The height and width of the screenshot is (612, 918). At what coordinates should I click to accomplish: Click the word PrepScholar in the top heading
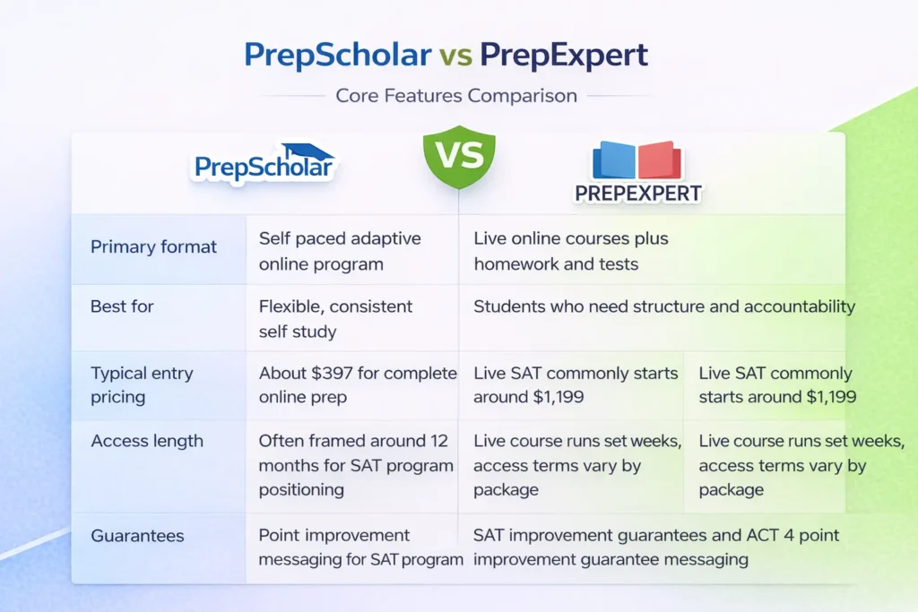point(338,55)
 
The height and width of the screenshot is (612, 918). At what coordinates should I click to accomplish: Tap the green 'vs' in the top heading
point(456,56)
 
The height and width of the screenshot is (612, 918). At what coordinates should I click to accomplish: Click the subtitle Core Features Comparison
point(456,95)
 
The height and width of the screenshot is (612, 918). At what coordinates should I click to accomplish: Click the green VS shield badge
point(459,157)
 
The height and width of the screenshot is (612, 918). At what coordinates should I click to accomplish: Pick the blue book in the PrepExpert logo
point(613,159)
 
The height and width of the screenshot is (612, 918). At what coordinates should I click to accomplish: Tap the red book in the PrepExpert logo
point(659,159)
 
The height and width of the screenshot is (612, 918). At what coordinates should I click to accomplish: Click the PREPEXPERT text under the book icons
point(638,194)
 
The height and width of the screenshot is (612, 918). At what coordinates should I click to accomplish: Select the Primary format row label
point(153,247)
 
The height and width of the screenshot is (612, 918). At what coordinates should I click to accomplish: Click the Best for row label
point(122,306)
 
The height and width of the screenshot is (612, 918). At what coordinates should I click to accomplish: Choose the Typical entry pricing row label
point(142,385)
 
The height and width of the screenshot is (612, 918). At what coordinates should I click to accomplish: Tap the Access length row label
point(147,441)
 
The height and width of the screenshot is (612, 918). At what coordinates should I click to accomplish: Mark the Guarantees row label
point(137,535)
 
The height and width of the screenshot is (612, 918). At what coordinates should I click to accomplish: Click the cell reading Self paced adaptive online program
point(340,251)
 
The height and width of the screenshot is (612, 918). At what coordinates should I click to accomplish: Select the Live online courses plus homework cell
point(571,251)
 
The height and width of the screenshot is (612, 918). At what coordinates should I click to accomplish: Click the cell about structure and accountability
point(664,306)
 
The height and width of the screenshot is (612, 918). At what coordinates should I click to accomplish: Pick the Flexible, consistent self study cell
point(335,319)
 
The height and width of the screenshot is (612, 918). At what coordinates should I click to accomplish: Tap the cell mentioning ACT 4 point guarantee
point(656,547)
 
